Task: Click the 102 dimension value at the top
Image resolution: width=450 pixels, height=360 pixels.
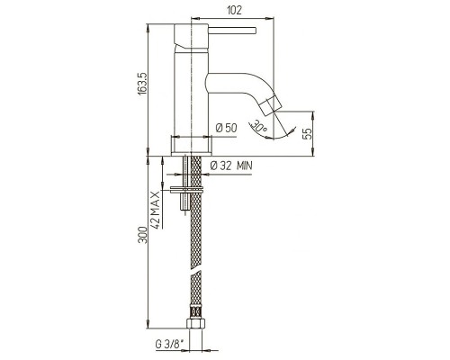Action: pyautogui.click(x=234, y=10)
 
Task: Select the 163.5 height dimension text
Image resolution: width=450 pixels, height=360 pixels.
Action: pyautogui.click(x=142, y=84)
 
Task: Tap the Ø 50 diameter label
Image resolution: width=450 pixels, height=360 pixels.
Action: pyautogui.click(x=226, y=128)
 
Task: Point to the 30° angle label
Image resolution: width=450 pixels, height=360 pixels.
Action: pyautogui.click(x=258, y=126)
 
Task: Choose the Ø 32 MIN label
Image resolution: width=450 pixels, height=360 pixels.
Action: pyautogui.click(x=231, y=166)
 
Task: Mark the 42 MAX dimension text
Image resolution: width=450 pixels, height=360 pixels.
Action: pyautogui.click(x=156, y=210)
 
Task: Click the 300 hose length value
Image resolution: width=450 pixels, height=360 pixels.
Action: pyautogui.click(x=143, y=235)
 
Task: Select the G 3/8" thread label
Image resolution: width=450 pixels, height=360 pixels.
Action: pyautogui.click(x=169, y=345)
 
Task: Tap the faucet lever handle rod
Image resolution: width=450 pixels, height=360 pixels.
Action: pyautogui.click(x=232, y=31)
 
